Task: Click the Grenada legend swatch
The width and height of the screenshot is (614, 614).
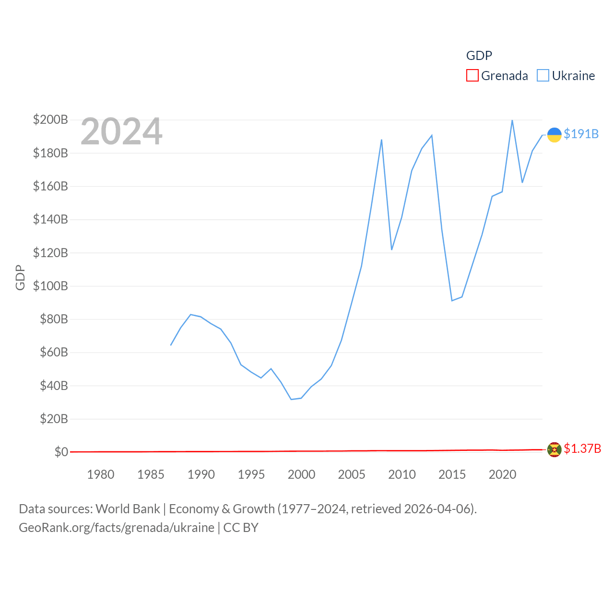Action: tap(472, 76)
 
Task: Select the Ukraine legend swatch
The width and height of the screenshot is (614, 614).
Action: tap(543, 76)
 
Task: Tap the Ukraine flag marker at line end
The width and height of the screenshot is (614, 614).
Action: tap(555, 135)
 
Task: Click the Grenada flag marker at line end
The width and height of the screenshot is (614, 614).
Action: tap(555, 449)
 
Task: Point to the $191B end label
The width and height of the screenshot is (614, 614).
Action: tap(581, 134)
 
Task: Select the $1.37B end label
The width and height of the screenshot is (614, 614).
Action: tap(582, 449)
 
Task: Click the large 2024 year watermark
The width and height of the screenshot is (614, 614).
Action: tap(121, 131)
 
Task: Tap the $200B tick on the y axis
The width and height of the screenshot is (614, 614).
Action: tap(50, 119)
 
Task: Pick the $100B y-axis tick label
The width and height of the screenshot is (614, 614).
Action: tap(50, 286)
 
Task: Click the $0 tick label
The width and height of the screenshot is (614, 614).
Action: tap(61, 452)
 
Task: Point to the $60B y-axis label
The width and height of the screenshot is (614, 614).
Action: tap(54, 352)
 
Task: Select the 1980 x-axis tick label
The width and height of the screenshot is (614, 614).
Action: tap(101, 474)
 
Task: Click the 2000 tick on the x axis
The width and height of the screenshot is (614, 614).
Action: tap(301, 474)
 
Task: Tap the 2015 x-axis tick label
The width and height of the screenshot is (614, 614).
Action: tap(452, 474)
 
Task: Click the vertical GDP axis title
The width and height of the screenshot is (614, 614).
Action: tap(20, 277)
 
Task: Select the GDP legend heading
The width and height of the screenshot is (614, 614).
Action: tap(479, 56)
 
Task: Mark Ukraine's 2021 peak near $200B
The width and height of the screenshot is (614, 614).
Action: tap(512, 120)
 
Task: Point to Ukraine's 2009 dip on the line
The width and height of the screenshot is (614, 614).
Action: tap(392, 249)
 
